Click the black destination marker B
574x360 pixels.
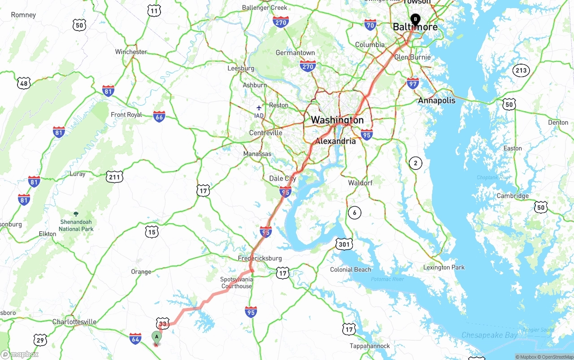tap(416, 19)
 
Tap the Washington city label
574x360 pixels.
tap(337, 120)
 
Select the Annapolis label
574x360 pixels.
tap(436, 100)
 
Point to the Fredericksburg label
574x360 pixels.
tap(260, 258)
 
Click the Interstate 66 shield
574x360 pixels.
tap(159, 117)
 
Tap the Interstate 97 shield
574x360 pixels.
tap(413, 83)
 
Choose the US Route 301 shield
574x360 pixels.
tap(344, 244)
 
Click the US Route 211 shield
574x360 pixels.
tap(115, 177)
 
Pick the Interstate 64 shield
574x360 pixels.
tap(135, 338)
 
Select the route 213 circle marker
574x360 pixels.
tap(522, 70)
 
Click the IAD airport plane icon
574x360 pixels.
tap(259, 108)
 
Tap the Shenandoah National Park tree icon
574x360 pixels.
tap(76, 214)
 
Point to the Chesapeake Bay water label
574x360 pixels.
tap(489, 335)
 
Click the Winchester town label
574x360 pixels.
tap(131, 52)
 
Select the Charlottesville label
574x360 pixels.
tap(74, 322)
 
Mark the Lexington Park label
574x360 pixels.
tap(444, 268)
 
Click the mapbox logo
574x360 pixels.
tap(20, 354)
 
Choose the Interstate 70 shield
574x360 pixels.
tap(370, 25)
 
